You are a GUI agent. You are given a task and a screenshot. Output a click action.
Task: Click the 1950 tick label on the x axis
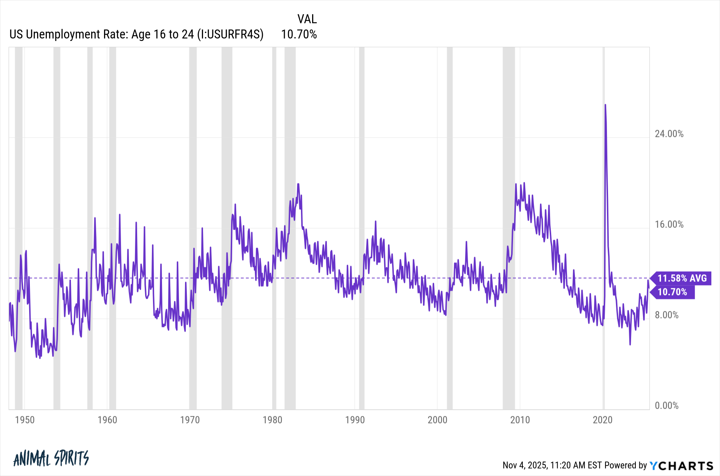(x=25, y=420)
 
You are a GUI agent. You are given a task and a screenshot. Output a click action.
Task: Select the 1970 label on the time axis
(x=190, y=420)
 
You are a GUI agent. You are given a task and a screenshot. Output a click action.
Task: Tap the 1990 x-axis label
(x=355, y=420)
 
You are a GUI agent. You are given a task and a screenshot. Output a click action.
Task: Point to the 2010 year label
(x=520, y=420)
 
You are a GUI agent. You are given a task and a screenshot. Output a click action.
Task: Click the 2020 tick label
(x=603, y=420)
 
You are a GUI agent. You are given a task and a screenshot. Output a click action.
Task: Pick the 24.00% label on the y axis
(x=669, y=134)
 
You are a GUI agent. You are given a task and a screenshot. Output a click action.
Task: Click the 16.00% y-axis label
(x=669, y=224)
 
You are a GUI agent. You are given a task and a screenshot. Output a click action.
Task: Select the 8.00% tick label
(x=666, y=315)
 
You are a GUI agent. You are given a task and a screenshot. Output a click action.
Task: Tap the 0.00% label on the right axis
(x=666, y=406)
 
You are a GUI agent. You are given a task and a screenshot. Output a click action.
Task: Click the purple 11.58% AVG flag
(x=682, y=278)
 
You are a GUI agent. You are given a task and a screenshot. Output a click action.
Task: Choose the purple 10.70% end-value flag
(x=672, y=292)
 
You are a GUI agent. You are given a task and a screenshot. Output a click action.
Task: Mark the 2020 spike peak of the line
(x=605, y=105)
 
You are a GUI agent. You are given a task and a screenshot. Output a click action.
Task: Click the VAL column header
(x=307, y=19)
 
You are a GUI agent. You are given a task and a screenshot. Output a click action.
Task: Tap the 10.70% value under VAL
(x=299, y=34)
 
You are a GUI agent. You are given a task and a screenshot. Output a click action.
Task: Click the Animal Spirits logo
(x=51, y=458)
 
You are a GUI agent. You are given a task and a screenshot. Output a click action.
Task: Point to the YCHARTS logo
(x=681, y=466)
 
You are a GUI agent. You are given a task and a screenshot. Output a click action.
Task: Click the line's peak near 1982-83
(x=298, y=184)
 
